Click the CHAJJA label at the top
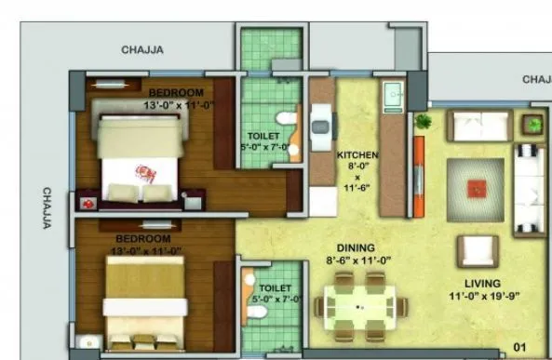tap(142, 50)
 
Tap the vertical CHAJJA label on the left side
tap(46, 209)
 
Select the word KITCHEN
tap(357, 155)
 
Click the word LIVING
tap(482, 283)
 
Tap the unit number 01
tap(520, 348)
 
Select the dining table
tap(359, 308)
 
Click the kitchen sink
tap(393, 95)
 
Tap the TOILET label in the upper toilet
tap(263, 135)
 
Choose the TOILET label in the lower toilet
tap(275, 288)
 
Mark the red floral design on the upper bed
tap(146, 172)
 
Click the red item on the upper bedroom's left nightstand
tap(88, 202)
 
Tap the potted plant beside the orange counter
tap(423, 122)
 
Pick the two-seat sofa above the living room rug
tap(478, 125)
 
